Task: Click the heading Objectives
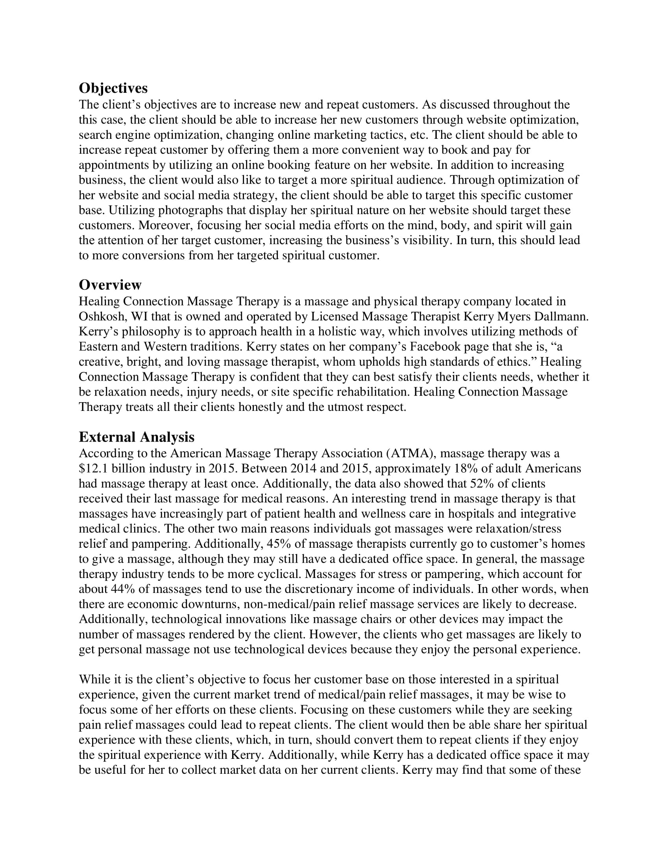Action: (x=113, y=88)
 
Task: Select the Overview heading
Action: (x=110, y=285)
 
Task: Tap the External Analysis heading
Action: (x=136, y=437)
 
